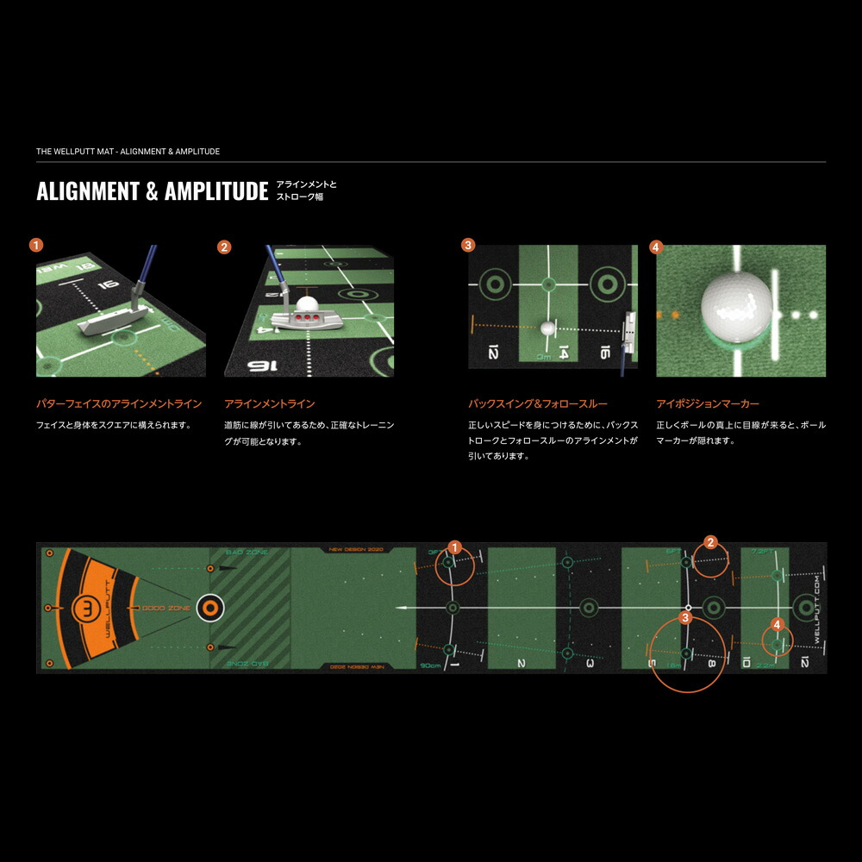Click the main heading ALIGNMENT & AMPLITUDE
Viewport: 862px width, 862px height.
152,191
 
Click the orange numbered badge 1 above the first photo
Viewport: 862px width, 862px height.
35,245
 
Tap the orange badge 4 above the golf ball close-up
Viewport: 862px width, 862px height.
655,247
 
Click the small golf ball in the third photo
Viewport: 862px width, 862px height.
547,328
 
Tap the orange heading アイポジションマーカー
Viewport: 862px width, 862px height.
707,403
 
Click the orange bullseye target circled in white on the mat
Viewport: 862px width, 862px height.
210,608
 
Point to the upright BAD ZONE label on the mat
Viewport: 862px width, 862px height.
247,552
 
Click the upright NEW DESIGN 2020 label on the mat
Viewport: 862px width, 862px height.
356,549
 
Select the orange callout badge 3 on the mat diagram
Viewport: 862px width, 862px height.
685,617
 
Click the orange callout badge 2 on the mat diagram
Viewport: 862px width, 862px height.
710,542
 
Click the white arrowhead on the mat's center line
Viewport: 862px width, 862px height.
401,608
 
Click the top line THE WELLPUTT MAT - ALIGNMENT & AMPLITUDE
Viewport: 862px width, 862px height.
128,152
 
